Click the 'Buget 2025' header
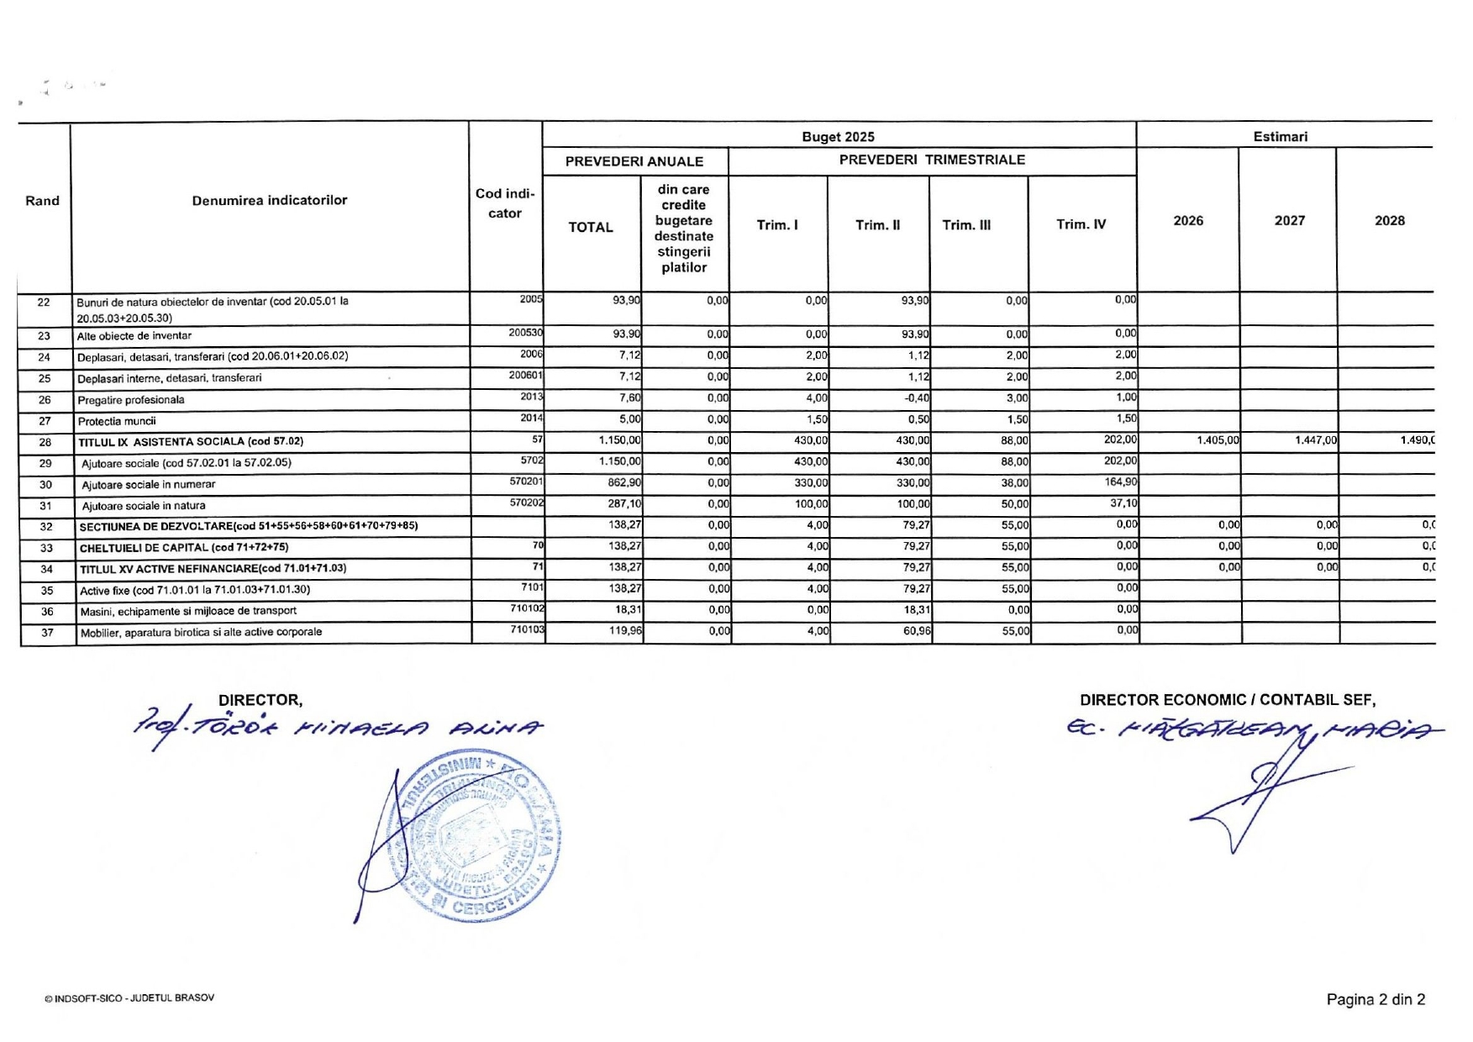coord(838,137)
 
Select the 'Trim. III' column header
coord(966,225)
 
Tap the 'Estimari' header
coord(1280,137)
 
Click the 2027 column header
coord(1289,221)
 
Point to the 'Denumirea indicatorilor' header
coord(269,200)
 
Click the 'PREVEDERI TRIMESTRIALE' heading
coord(932,160)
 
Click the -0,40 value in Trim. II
coord(917,398)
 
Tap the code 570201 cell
coord(525,482)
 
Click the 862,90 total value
coord(624,483)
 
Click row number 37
coord(47,633)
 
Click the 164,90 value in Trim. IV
coord(1121,482)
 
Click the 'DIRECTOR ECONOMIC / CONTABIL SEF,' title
coord(1228,700)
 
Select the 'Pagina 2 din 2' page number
coord(1376,999)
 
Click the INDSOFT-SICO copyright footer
coord(130,998)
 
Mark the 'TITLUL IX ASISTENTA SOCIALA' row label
coord(191,442)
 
